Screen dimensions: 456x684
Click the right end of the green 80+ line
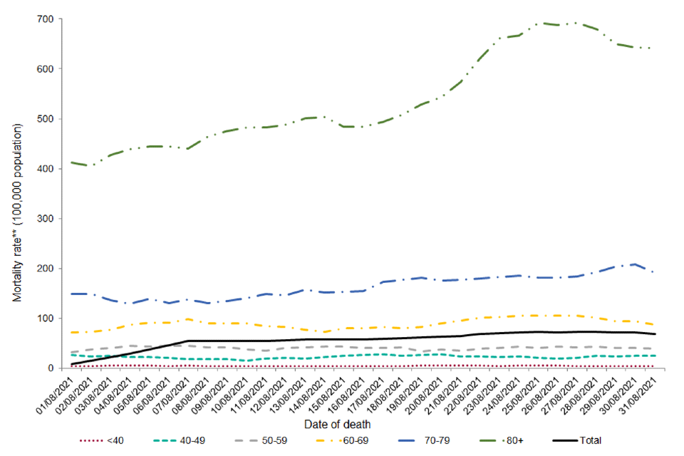pos(654,48)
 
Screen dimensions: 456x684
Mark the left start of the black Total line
pos(72,364)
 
